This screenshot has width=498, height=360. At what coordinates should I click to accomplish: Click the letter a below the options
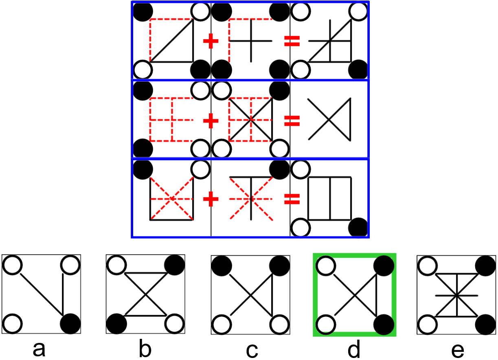(39, 349)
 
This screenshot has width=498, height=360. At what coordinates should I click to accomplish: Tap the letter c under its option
(251, 349)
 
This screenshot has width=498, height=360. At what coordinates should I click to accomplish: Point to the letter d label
(354, 349)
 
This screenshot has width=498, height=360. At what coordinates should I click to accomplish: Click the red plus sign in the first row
(211, 41)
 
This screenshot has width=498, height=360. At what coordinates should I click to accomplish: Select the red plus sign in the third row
(211, 199)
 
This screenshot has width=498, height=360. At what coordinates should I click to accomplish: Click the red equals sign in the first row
(292, 41)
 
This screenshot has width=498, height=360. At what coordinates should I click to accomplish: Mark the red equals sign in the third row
(292, 199)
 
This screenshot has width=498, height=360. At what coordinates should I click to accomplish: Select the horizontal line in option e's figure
(456, 295)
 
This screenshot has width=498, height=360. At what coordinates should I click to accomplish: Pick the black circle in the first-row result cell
(359, 69)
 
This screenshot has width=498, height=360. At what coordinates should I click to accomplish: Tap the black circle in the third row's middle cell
(279, 169)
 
